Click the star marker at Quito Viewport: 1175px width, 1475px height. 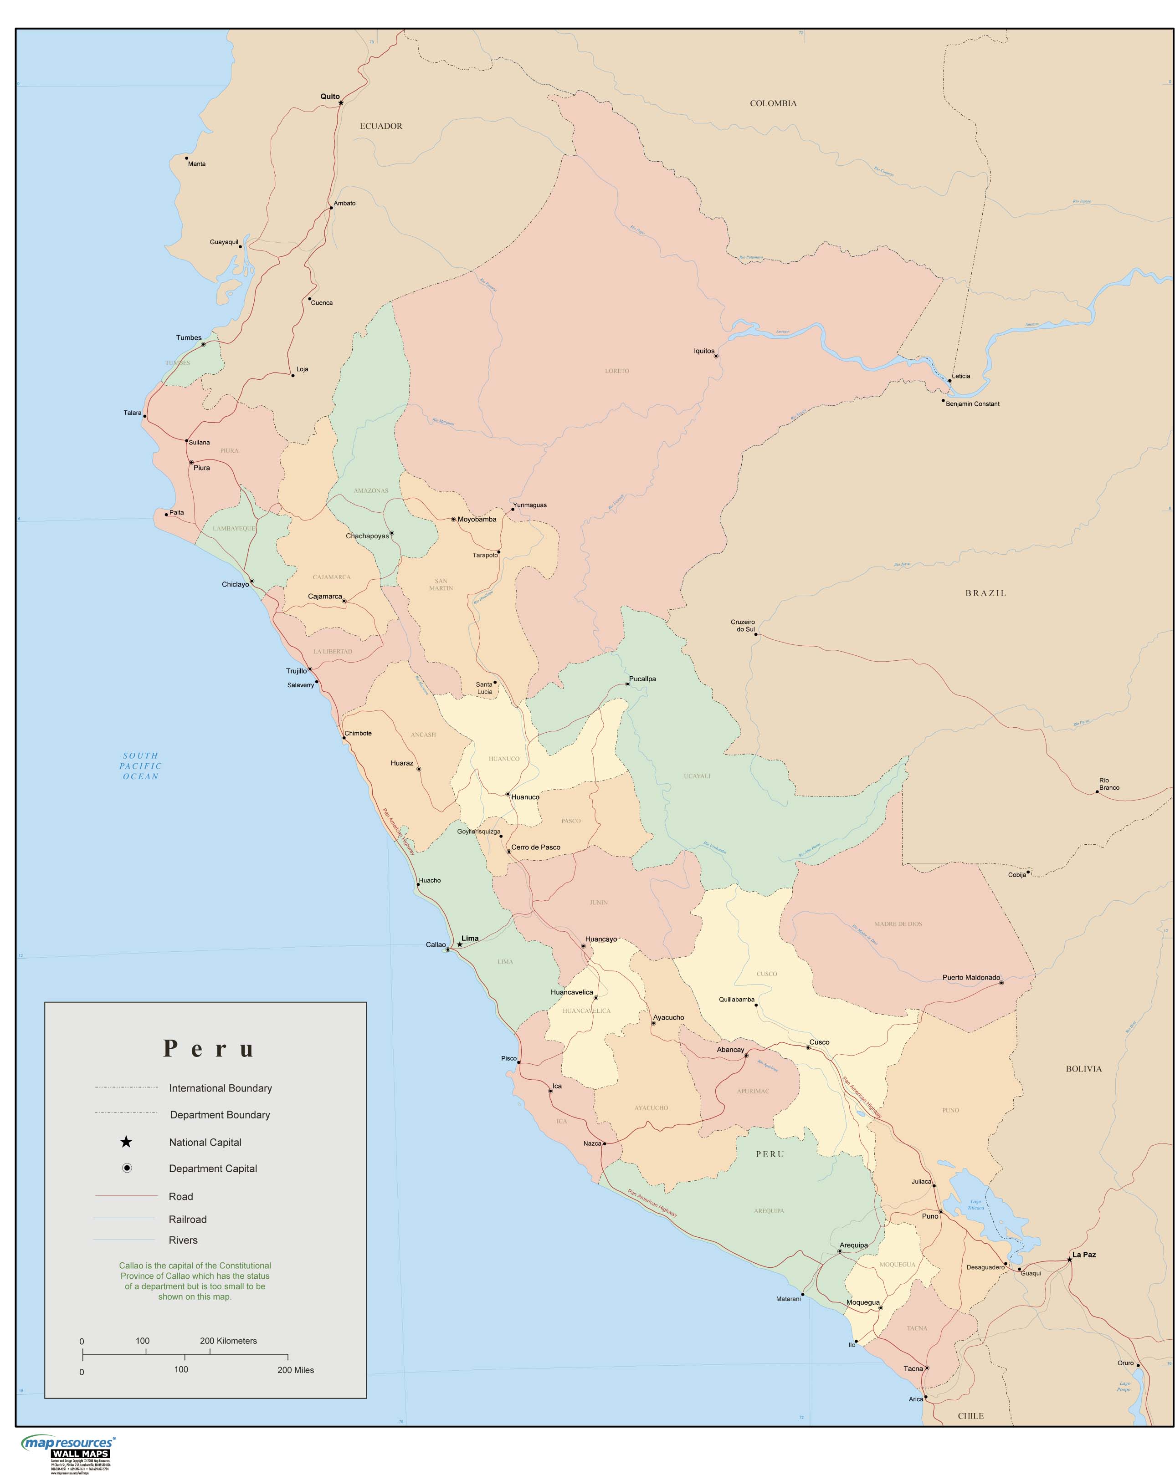pos(340,102)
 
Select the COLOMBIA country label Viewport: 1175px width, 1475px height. pos(773,103)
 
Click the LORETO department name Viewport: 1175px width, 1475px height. pos(616,371)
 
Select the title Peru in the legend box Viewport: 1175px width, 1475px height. pos(208,1049)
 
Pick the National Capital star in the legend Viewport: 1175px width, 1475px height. pos(126,1142)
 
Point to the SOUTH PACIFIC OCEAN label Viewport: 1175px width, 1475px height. pos(140,766)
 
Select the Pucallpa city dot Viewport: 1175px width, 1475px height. pos(627,684)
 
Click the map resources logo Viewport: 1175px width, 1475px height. pos(68,1444)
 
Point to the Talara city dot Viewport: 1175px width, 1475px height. pos(145,416)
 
